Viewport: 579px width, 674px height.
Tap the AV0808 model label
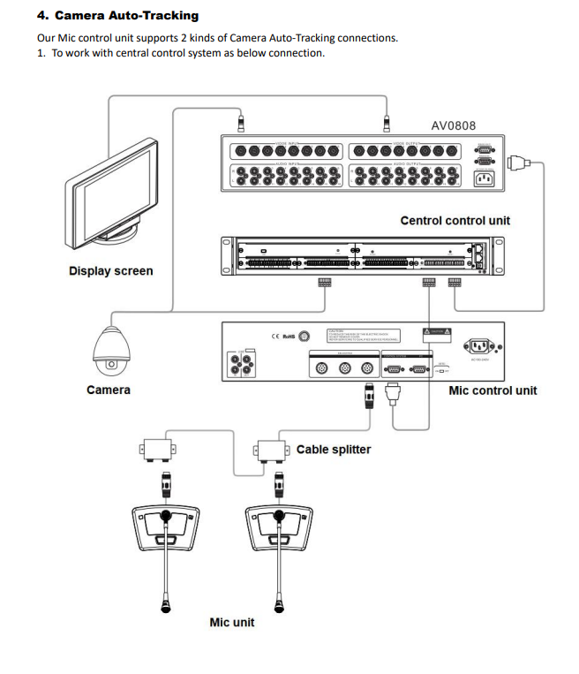pos(453,125)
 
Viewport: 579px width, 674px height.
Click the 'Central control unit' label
pos(455,220)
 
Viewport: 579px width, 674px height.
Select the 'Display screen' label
pos(110,271)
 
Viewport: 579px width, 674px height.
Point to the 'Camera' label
pos(109,390)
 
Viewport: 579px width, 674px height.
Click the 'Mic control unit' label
pos(493,390)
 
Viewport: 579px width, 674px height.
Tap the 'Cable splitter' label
pos(334,450)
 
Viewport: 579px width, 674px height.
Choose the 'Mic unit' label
pos(231,622)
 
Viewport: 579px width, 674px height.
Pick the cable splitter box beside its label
pos(270,450)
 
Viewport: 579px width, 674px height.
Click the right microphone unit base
pos(278,527)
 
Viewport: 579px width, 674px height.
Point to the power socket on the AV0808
pos(485,178)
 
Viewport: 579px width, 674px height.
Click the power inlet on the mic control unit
pos(481,345)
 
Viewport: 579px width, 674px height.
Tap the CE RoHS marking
pos(282,337)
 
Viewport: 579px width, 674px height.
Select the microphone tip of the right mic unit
pos(279,606)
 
